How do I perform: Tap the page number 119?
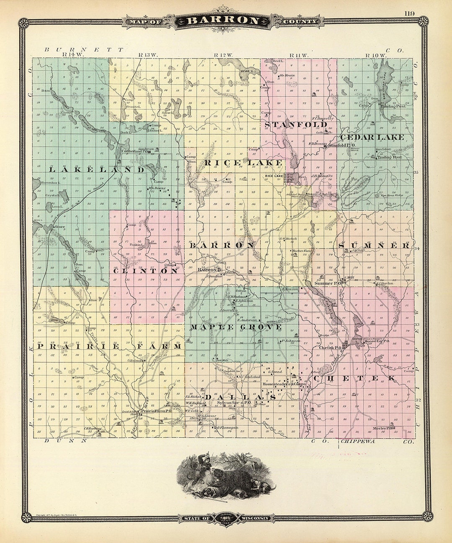[410, 13]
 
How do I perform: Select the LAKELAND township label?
[97, 170]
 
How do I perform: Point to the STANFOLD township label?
[296, 124]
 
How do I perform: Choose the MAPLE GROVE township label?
[236, 326]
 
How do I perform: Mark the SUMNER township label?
[374, 246]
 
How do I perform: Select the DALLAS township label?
[240, 397]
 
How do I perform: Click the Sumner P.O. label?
[329, 283]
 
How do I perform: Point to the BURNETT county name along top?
[84, 49]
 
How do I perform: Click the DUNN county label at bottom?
[66, 441]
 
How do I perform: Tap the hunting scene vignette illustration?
[226, 478]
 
